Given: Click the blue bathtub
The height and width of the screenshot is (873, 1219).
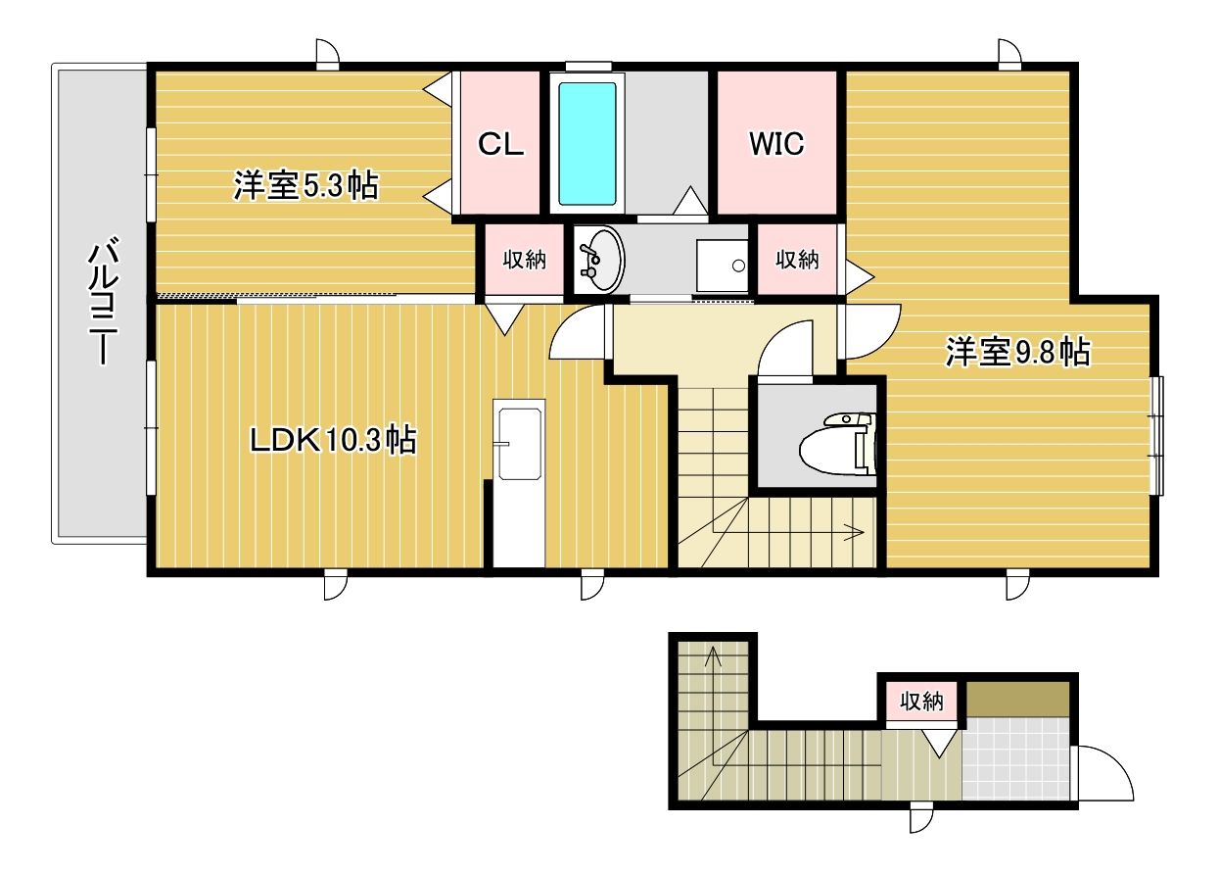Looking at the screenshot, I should (586, 144).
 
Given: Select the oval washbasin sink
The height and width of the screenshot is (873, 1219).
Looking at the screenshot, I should (597, 259).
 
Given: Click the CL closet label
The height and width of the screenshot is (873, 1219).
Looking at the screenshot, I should (500, 144).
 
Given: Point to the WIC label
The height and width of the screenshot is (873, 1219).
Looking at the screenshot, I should (776, 144).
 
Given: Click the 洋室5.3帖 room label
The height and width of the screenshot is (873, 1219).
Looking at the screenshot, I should (305, 185).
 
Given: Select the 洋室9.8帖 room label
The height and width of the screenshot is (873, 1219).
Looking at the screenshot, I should (1017, 352).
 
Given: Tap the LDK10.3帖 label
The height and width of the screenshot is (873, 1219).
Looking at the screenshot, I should (333, 440).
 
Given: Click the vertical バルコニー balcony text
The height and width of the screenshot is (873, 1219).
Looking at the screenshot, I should (102, 303).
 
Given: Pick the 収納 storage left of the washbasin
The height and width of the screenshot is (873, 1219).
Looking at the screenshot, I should (524, 260).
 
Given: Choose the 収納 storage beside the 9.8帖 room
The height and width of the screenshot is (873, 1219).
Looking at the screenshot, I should (797, 260).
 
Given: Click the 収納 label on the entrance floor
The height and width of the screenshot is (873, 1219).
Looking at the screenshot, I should (920, 702).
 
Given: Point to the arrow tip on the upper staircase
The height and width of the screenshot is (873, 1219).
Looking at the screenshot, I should (858, 533).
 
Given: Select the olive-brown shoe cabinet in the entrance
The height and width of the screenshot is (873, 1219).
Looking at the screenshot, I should (1017, 699).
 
